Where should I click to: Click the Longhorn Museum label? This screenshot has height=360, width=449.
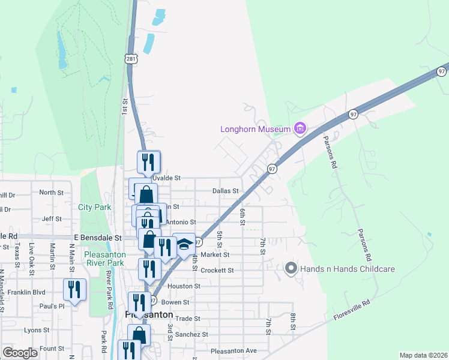255,128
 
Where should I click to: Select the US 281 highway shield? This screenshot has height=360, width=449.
131,57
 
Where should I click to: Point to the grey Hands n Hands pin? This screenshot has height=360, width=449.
291,268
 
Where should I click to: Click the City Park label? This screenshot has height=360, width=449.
95,207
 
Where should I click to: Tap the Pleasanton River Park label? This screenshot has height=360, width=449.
103,259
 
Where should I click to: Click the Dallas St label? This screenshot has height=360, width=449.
226,191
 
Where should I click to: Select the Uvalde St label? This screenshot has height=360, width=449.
166,178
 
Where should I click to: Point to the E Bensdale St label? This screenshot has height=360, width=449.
98,238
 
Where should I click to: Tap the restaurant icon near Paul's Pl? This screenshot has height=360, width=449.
74,290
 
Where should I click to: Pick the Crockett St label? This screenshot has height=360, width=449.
217,271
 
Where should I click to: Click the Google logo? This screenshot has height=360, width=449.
20,353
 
